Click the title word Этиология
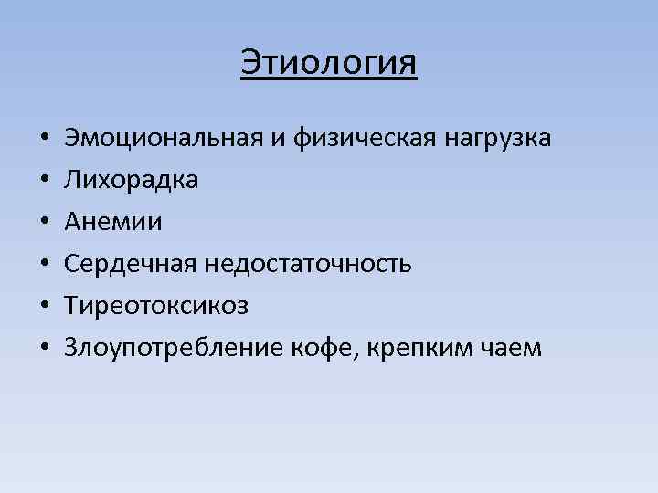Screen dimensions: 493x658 tap(329, 63)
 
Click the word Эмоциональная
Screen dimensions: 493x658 tap(163, 139)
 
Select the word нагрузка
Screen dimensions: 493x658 tap(497, 139)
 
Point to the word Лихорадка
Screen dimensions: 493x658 tap(131, 180)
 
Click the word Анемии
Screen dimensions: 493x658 tap(113, 222)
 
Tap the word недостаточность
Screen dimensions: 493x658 tap(308, 264)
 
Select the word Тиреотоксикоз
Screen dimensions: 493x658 tap(156, 305)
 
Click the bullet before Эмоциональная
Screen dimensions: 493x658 tap(44, 140)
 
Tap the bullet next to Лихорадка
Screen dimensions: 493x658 tap(44, 181)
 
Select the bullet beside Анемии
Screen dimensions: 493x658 tap(44, 223)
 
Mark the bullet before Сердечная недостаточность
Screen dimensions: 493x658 tap(44, 265)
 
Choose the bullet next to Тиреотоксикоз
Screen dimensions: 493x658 tap(44, 306)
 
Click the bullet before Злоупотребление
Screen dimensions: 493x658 tap(44, 348)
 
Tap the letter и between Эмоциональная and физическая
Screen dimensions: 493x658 tap(277, 140)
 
